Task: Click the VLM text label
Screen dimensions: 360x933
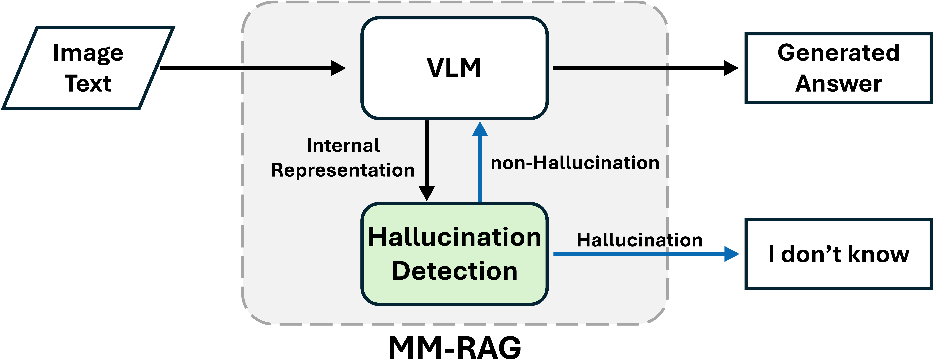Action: (x=454, y=68)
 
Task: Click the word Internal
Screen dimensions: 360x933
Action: (x=343, y=146)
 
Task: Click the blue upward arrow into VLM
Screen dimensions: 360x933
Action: (x=480, y=167)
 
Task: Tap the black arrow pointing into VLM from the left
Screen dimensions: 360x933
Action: (x=293, y=68)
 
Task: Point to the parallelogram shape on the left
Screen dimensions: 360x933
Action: (x=88, y=68)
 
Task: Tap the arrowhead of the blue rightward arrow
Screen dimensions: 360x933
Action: (x=731, y=254)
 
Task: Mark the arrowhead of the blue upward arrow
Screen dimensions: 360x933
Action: (x=480, y=129)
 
